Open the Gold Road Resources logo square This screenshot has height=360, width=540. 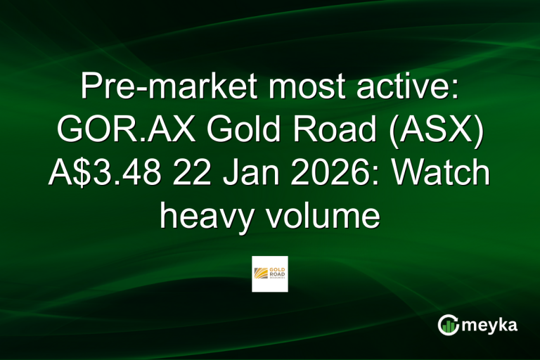[x=270, y=274]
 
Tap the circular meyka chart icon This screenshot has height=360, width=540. [x=447, y=325]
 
